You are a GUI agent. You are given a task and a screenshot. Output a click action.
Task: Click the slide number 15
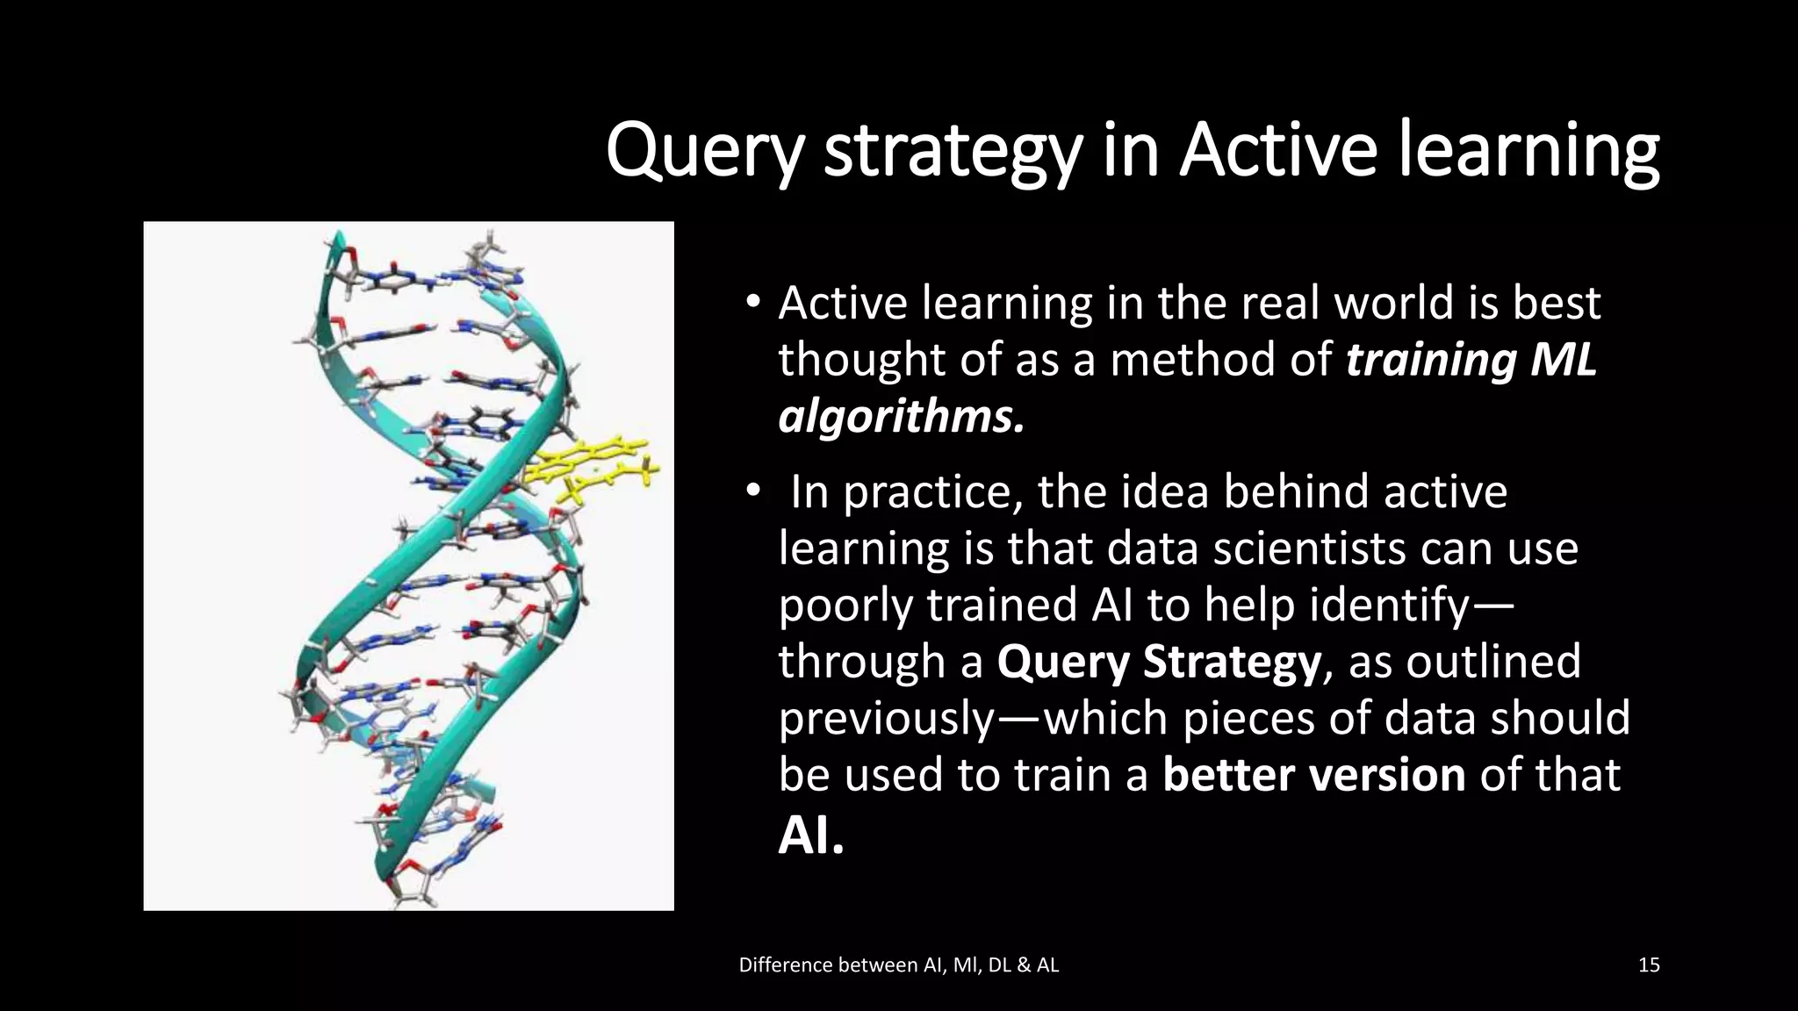click(x=1649, y=965)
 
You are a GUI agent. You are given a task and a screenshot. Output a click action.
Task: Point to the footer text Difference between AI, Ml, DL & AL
click(x=899, y=965)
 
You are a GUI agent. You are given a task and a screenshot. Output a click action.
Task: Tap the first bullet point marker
click(x=752, y=304)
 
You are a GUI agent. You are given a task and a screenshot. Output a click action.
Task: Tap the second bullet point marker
click(x=752, y=492)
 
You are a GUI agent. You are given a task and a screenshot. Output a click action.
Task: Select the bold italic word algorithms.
click(x=901, y=417)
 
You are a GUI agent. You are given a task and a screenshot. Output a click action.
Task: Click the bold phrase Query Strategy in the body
click(x=1159, y=662)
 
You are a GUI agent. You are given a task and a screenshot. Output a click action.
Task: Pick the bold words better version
click(x=1313, y=775)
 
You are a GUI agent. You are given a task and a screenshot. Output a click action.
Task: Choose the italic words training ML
click(x=1471, y=360)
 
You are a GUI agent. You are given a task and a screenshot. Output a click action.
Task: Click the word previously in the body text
click(x=885, y=719)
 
